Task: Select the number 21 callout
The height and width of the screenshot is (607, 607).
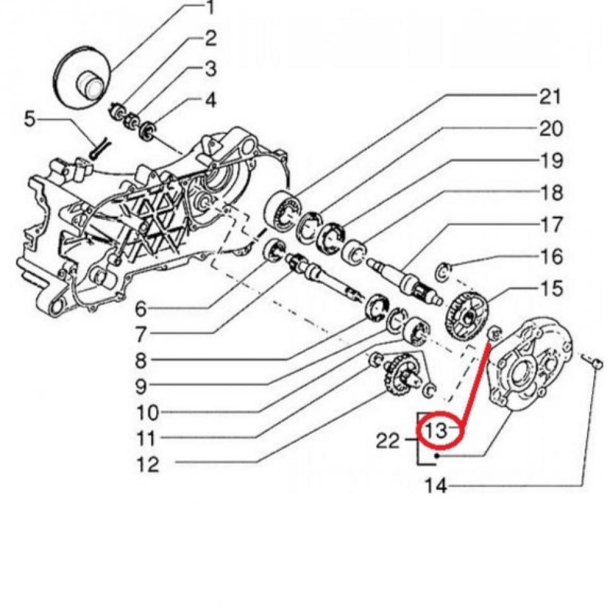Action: pyautogui.click(x=549, y=96)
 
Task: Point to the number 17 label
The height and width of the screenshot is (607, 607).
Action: pyautogui.click(x=549, y=224)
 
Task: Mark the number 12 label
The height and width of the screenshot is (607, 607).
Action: pyautogui.click(x=148, y=465)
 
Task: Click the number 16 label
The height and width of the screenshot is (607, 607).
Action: pyautogui.click(x=549, y=257)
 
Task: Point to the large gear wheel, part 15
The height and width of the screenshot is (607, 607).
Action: pyautogui.click(x=469, y=314)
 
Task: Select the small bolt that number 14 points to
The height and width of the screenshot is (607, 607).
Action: pyautogui.click(x=596, y=362)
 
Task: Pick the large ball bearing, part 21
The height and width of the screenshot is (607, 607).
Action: pyautogui.click(x=283, y=209)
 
